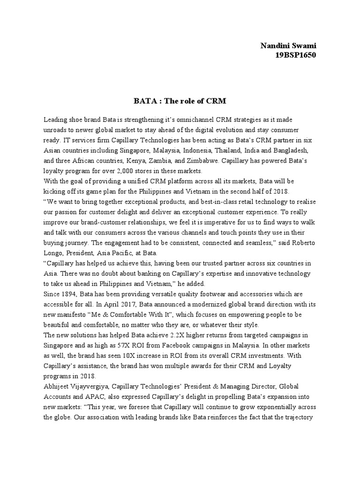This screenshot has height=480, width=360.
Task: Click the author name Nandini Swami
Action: click(x=288, y=45)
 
